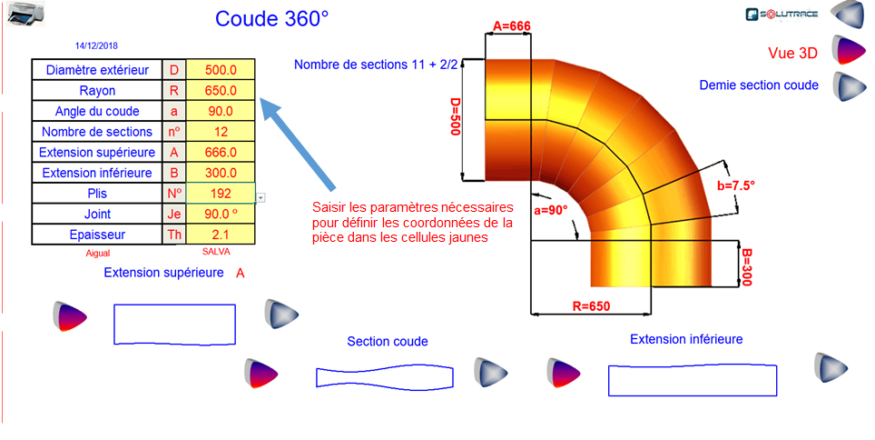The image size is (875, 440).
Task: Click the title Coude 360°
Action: tap(272, 19)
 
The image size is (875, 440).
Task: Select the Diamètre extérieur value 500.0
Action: tap(221, 70)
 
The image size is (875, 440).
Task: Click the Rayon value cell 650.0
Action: tap(221, 91)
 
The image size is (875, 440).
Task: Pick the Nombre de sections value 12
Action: tap(221, 132)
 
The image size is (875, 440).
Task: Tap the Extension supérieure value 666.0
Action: tap(221, 153)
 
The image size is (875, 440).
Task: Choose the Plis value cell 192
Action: tap(221, 194)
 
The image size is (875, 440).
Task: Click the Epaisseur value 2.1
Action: tap(221, 235)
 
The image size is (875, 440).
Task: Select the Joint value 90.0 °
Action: tap(221, 214)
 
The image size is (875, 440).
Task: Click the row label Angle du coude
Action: tap(97, 112)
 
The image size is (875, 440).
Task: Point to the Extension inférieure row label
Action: tap(97, 173)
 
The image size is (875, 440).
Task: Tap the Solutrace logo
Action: tap(782, 14)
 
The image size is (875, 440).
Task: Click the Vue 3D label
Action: tap(792, 53)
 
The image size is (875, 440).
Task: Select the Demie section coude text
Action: tap(759, 85)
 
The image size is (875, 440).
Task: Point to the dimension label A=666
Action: tap(511, 26)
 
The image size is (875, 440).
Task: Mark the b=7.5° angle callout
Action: tap(736, 185)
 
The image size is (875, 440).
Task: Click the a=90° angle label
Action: tap(550, 210)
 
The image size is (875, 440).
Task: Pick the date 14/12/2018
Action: tap(96, 45)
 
